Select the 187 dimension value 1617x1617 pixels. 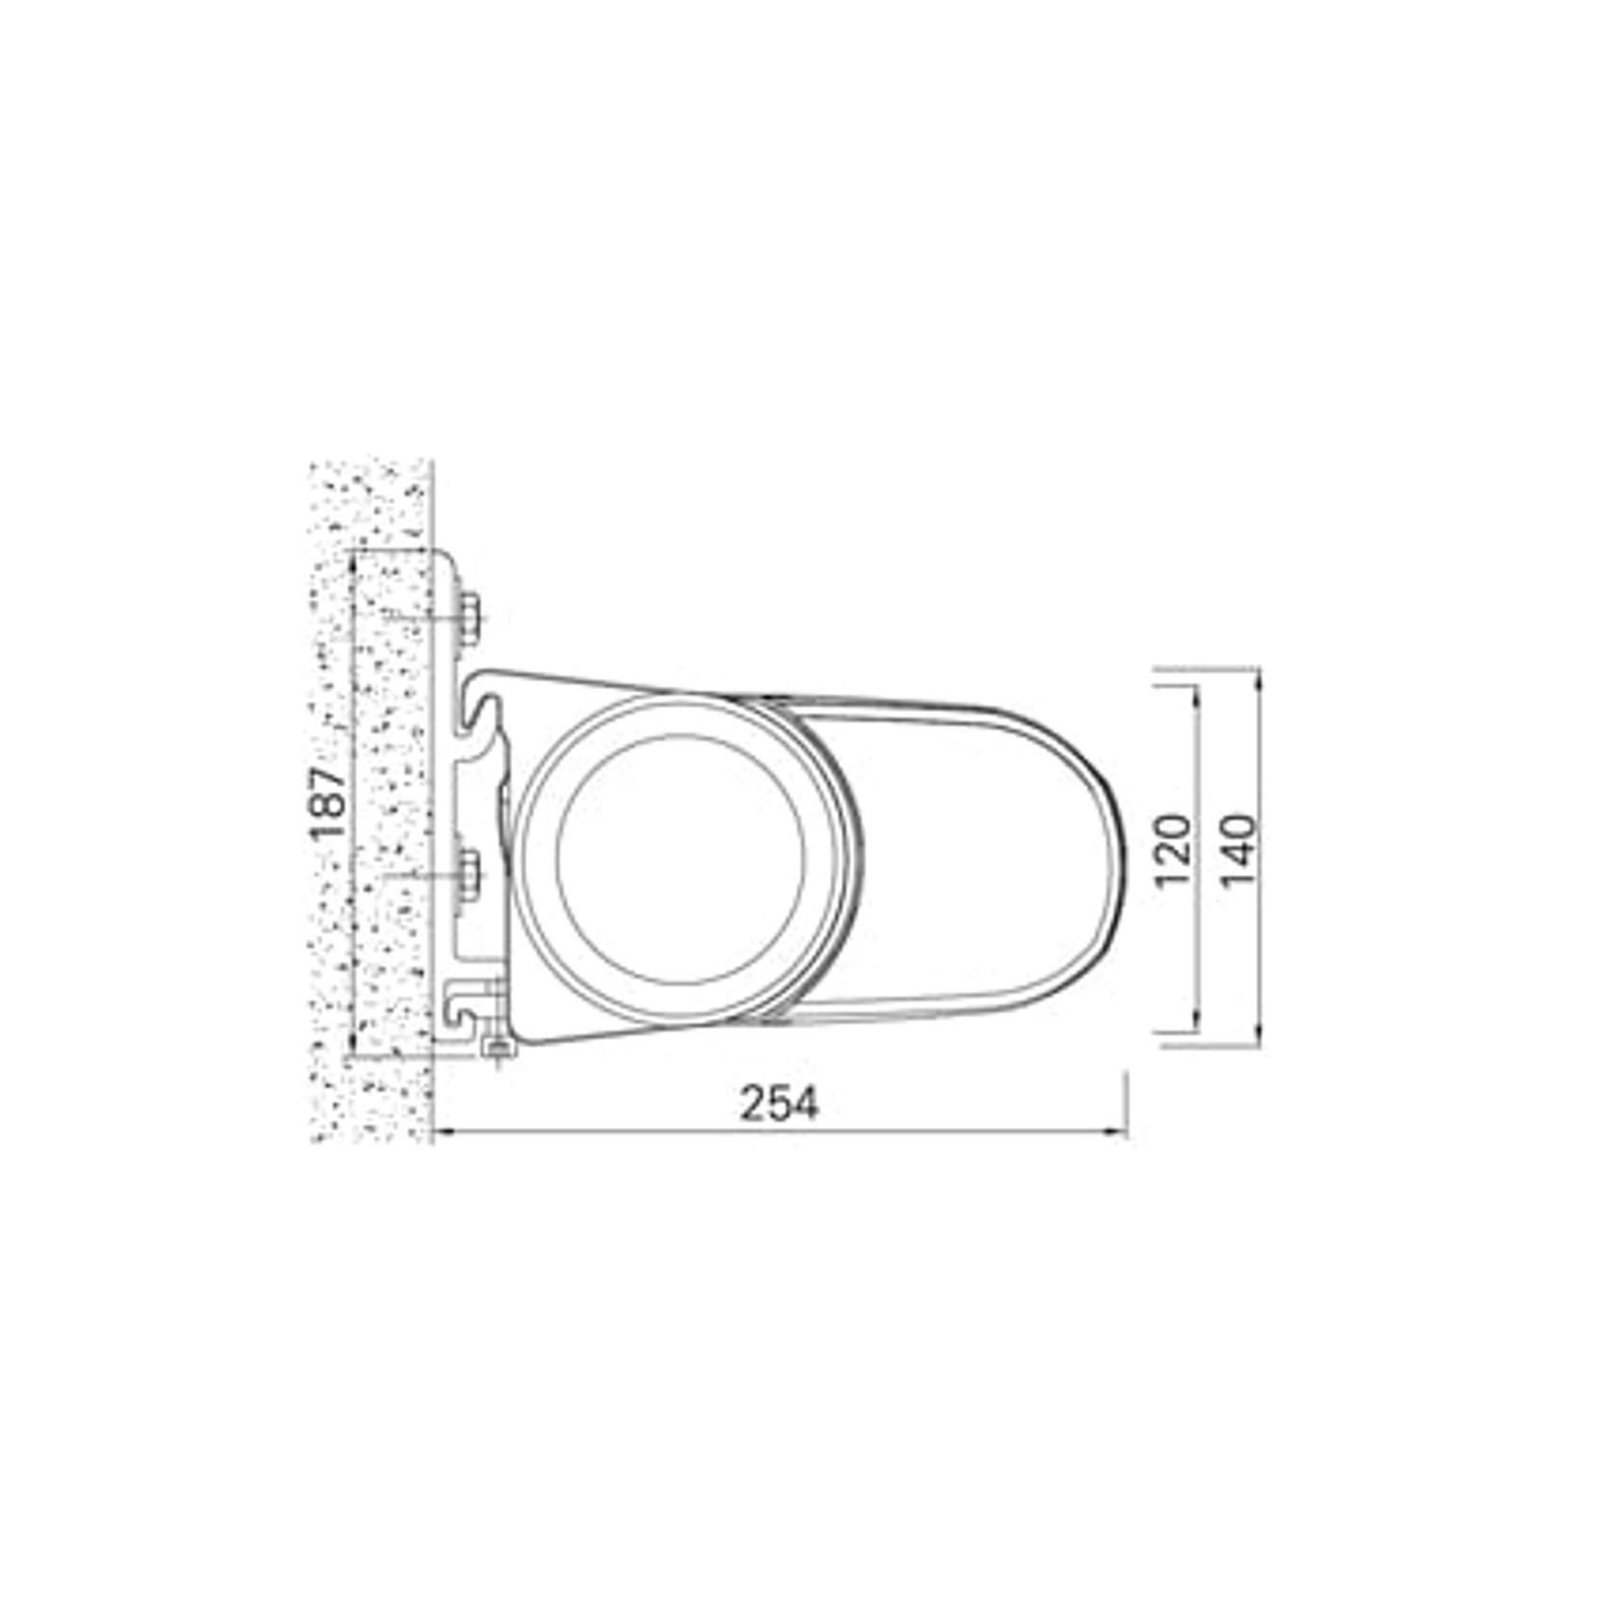(x=330, y=803)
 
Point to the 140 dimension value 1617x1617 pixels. (x=1239, y=852)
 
